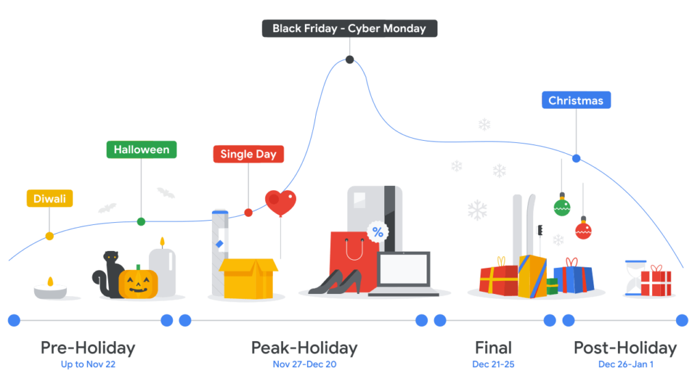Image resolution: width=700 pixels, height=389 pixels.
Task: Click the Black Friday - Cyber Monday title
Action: tap(349, 29)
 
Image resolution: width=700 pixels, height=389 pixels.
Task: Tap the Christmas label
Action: tap(576, 100)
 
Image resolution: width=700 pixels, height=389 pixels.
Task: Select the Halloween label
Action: tap(141, 150)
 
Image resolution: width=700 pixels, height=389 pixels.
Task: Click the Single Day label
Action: tap(248, 155)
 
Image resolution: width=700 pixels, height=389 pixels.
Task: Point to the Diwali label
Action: tap(50, 199)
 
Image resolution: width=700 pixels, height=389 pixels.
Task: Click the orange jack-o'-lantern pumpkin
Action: tap(138, 283)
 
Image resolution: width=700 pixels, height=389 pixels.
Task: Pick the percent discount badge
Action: tap(376, 232)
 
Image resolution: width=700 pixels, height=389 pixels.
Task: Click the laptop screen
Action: tap(403, 269)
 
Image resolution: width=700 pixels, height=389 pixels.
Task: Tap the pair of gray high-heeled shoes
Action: tap(336, 282)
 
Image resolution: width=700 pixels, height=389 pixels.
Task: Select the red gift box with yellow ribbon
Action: tap(498, 280)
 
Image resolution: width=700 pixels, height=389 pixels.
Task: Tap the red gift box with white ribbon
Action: tap(660, 281)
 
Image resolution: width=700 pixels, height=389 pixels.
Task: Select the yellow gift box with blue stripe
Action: tap(532, 275)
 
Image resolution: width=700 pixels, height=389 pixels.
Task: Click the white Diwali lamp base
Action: tap(50, 291)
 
